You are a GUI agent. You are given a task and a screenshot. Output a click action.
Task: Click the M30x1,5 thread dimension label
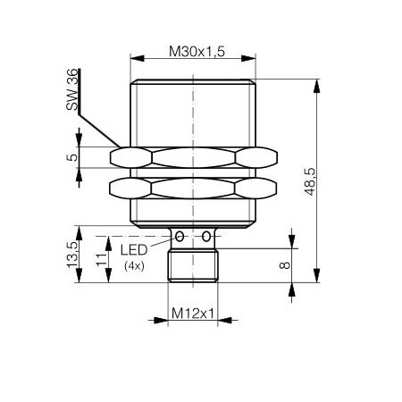[194, 51]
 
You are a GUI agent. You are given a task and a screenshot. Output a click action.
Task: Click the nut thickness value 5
[75, 158]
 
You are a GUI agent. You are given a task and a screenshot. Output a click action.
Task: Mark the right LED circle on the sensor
[207, 237]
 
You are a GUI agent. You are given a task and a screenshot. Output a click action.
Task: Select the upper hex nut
[194, 158]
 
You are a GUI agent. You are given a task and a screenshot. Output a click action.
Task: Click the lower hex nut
[194, 188]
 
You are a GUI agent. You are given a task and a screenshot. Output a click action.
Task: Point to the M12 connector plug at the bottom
[194, 265]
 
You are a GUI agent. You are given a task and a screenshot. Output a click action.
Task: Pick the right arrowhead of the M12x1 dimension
[217, 319]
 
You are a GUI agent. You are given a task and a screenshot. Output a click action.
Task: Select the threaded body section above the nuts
[194, 112]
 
